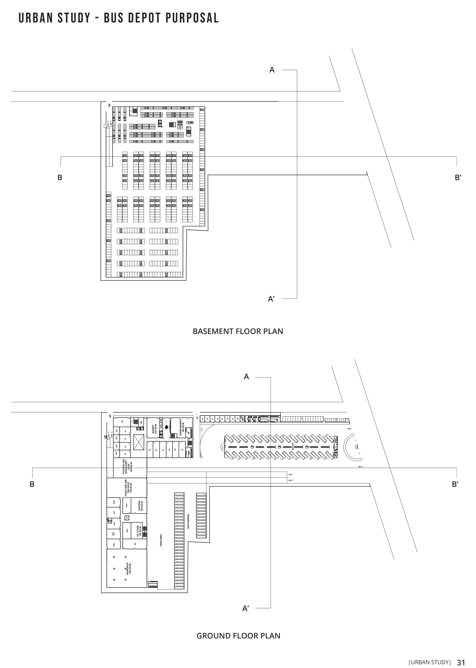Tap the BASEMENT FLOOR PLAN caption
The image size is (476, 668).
[238, 332]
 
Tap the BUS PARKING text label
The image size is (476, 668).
[188, 521]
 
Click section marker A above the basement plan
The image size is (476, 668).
[272, 70]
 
